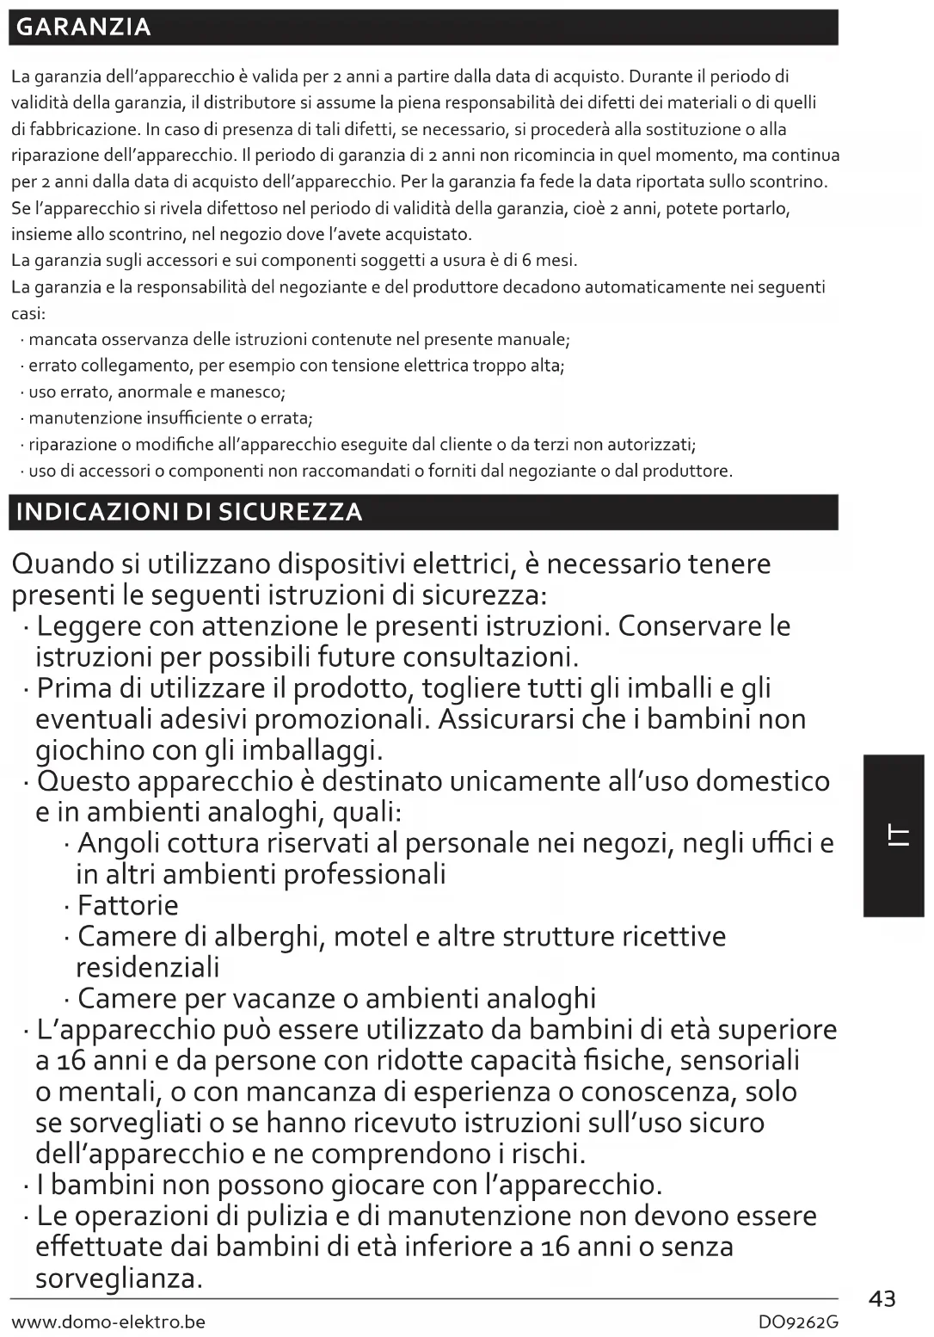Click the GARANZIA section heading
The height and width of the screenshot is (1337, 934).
click(x=83, y=28)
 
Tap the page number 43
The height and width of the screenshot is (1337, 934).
click(x=882, y=1298)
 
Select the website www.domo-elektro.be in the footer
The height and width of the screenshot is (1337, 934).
click(x=108, y=1322)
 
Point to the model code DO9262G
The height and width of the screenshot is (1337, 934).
click(x=798, y=1322)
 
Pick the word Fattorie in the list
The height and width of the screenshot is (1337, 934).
click(x=128, y=905)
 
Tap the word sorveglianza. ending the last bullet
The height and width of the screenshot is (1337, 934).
click(x=120, y=1278)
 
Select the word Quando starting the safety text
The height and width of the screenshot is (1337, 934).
click(x=65, y=564)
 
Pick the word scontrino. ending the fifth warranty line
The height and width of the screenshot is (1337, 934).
click(x=790, y=182)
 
